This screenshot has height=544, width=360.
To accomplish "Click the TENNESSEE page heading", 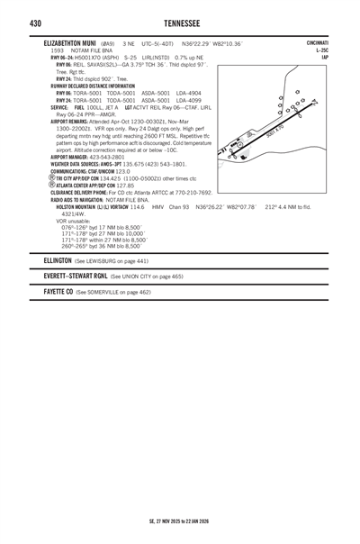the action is pyautogui.click(x=180, y=21).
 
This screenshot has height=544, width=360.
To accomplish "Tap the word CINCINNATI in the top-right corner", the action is pyautogui.click(x=317, y=42).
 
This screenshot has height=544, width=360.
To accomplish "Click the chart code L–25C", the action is pyautogui.click(x=320, y=50).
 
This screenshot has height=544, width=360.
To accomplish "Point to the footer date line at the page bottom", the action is pyautogui.click(x=180, y=521).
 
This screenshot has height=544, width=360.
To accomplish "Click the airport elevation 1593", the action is pyautogui.click(x=58, y=50).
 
